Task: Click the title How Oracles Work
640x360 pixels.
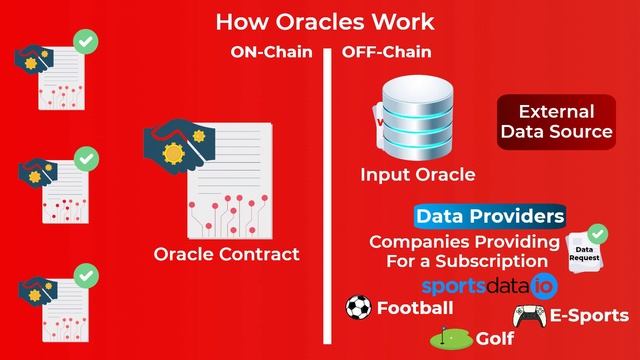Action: point(325,21)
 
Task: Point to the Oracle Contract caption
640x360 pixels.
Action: point(226,254)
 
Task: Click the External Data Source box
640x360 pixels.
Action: point(555,122)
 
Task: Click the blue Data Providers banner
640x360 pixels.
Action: point(490,216)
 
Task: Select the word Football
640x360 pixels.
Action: point(415,308)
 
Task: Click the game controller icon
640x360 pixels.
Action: point(528,316)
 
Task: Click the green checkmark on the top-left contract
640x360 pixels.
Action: point(87,42)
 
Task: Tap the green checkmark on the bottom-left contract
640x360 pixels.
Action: point(87,274)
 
